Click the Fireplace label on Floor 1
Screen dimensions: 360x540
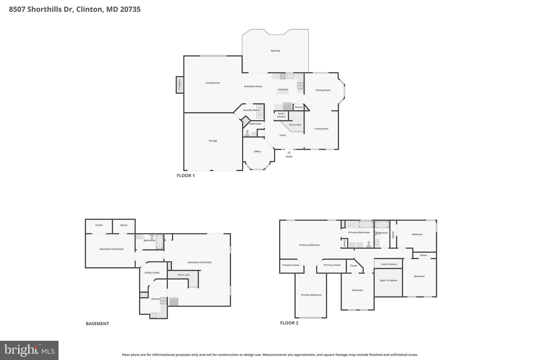pos(180,84)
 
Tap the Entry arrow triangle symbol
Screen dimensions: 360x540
pos(289,152)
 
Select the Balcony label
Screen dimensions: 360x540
pos(276,51)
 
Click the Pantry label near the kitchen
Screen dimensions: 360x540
pos(298,107)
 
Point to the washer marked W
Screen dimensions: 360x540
pos(260,115)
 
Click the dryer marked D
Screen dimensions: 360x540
pos(260,108)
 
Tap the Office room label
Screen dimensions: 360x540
pos(257,151)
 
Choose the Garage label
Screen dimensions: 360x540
pos(213,141)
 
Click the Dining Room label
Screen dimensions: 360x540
pos(323,90)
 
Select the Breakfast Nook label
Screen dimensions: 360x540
pos(253,86)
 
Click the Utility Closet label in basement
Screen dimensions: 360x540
pos(152,273)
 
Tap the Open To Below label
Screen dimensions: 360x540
pos(388,280)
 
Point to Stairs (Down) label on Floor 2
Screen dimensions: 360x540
pos(389,264)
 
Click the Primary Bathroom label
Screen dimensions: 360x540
pos(359,232)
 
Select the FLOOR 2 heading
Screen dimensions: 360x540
pos(289,323)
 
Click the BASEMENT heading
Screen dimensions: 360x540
pos(97,324)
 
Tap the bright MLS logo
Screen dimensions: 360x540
pos(29,350)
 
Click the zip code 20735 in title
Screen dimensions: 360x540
pos(130,9)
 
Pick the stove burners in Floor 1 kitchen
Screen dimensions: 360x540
pos(300,86)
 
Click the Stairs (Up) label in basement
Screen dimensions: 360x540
pos(184,275)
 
